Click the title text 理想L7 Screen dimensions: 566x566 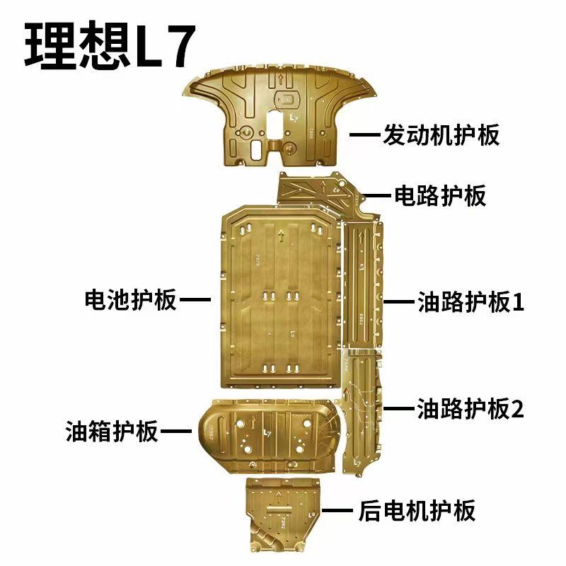click(x=110, y=45)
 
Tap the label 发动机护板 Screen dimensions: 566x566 click(x=441, y=134)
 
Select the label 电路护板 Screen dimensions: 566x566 click(x=439, y=196)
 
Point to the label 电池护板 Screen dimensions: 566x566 click(x=131, y=299)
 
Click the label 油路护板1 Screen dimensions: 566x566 click(x=470, y=302)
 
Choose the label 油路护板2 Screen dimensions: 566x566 click(x=470, y=408)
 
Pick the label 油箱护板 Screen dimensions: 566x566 click(x=112, y=431)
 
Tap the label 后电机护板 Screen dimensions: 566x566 click(x=417, y=510)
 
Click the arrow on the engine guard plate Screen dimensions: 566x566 click(x=281, y=80)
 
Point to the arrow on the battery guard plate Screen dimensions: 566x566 click(x=281, y=236)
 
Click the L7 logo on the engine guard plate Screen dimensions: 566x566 click(x=294, y=118)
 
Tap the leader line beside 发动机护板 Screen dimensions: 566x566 click(x=364, y=134)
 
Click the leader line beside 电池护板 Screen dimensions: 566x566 click(x=195, y=299)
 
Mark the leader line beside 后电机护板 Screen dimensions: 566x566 click(x=337, y=510)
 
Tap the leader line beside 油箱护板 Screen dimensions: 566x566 click(x=176, y=431)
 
